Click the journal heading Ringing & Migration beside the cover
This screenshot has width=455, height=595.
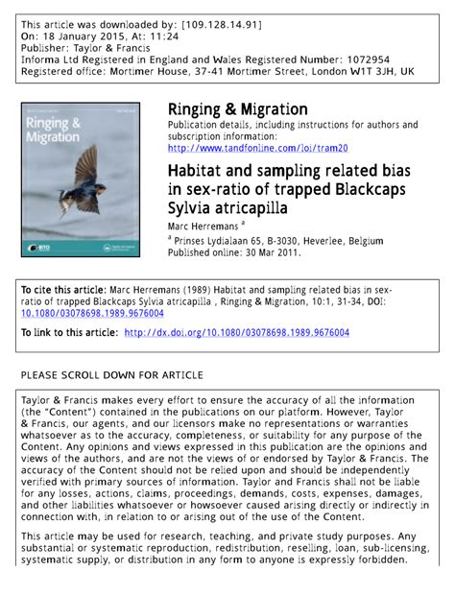[x=237, y=109]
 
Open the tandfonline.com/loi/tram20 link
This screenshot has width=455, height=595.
[x=257, y=148]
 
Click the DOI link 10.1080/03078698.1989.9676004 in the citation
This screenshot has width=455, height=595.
[x=92, y=313]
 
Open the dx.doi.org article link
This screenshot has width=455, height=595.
[x=237, y=332]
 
